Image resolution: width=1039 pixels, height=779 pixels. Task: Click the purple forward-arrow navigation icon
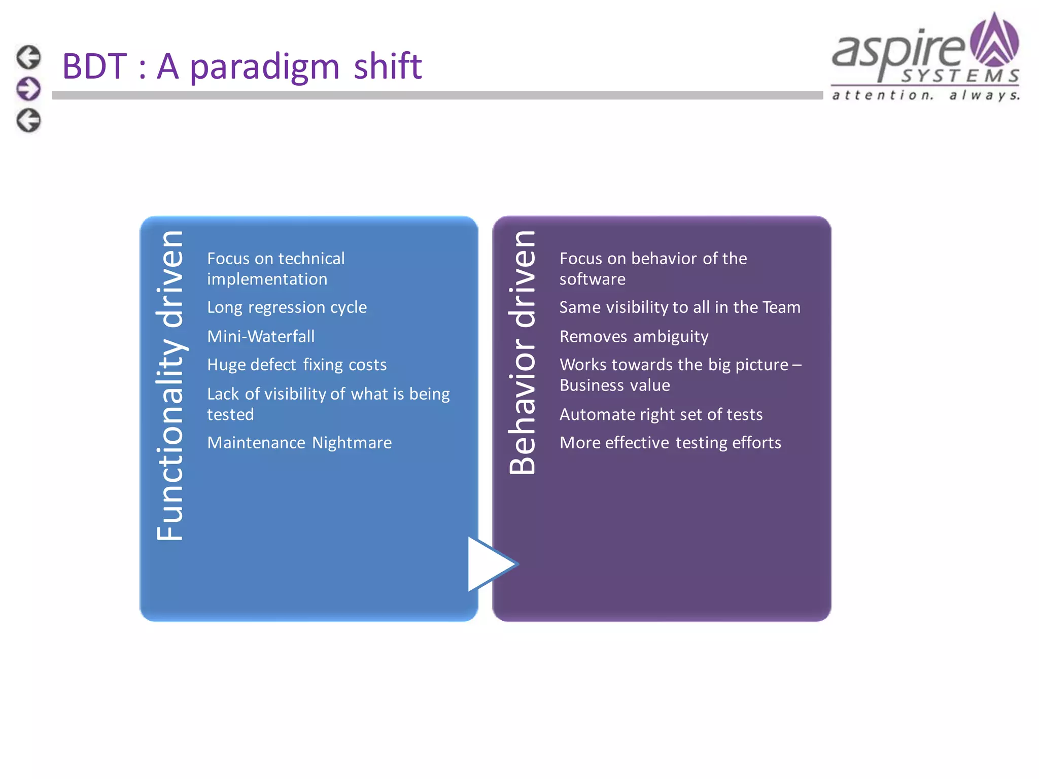coord(28,89)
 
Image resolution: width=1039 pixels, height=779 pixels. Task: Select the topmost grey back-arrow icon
coord(28,57)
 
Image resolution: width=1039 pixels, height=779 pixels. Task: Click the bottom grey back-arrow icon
coord(28,121)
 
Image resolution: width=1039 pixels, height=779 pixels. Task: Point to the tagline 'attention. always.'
coord(925,95)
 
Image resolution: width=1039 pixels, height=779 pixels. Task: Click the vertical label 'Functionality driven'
coord(170,385)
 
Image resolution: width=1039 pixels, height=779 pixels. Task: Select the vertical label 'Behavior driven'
coord(523,352)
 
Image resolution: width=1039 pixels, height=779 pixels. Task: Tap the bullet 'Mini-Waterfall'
coord(261,336)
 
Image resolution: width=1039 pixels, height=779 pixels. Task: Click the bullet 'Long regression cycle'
coord(287,307)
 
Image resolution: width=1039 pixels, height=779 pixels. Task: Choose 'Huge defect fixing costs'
coord(297,365)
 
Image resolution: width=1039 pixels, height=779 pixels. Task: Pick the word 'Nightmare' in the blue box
coord(352,443)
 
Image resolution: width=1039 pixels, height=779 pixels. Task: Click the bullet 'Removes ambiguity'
coord(634,336)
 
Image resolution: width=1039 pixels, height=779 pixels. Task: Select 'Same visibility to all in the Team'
coord(679,307)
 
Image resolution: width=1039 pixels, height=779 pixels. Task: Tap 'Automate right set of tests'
coord(661,414)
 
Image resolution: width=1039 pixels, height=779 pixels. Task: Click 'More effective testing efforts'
coord(670,443)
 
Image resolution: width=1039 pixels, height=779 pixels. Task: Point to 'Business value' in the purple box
coord(614,385)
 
